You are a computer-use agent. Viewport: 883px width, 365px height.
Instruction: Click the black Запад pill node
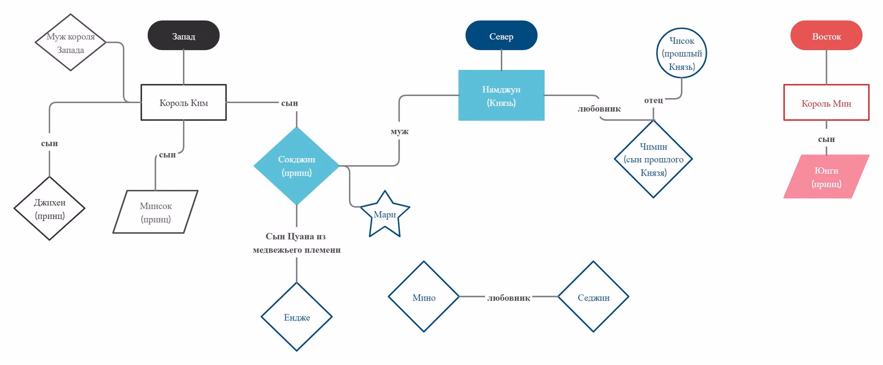coord(183,35)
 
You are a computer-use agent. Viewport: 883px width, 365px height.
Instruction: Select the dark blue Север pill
coord(501,35)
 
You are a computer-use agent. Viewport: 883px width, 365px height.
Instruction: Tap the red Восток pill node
coord(826,35)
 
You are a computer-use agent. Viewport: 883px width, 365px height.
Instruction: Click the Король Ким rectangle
coord(183,103)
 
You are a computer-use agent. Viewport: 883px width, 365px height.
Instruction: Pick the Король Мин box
coord(826,103)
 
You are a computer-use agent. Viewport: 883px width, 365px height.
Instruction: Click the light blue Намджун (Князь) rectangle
coord(501,96)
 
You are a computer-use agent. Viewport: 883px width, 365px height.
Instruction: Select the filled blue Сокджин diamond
coord(297,166)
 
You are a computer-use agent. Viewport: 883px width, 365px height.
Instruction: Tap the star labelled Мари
coord(385,215)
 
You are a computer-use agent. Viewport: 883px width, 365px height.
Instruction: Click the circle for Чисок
coord(682,53)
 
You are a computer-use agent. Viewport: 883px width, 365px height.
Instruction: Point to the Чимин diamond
coord(654,159)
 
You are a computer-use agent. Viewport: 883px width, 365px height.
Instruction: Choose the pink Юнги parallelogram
coord(826,177)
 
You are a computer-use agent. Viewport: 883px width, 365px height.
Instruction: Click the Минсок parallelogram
coord(155,212)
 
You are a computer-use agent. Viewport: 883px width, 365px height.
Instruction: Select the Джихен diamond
coord(50,209)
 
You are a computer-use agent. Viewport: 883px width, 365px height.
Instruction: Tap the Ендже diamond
coord(297,317)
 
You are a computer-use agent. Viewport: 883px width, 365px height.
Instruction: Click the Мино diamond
coord(424,297)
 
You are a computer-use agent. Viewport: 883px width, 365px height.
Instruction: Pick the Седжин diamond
coord(593,297)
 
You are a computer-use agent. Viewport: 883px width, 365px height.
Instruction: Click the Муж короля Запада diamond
coord(70,42)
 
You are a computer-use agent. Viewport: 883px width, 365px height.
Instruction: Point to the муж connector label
coord(399,131)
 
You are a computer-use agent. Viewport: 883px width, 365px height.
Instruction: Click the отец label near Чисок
coord(654,100)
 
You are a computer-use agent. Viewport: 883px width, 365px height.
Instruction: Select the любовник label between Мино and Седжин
coord(509,298)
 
